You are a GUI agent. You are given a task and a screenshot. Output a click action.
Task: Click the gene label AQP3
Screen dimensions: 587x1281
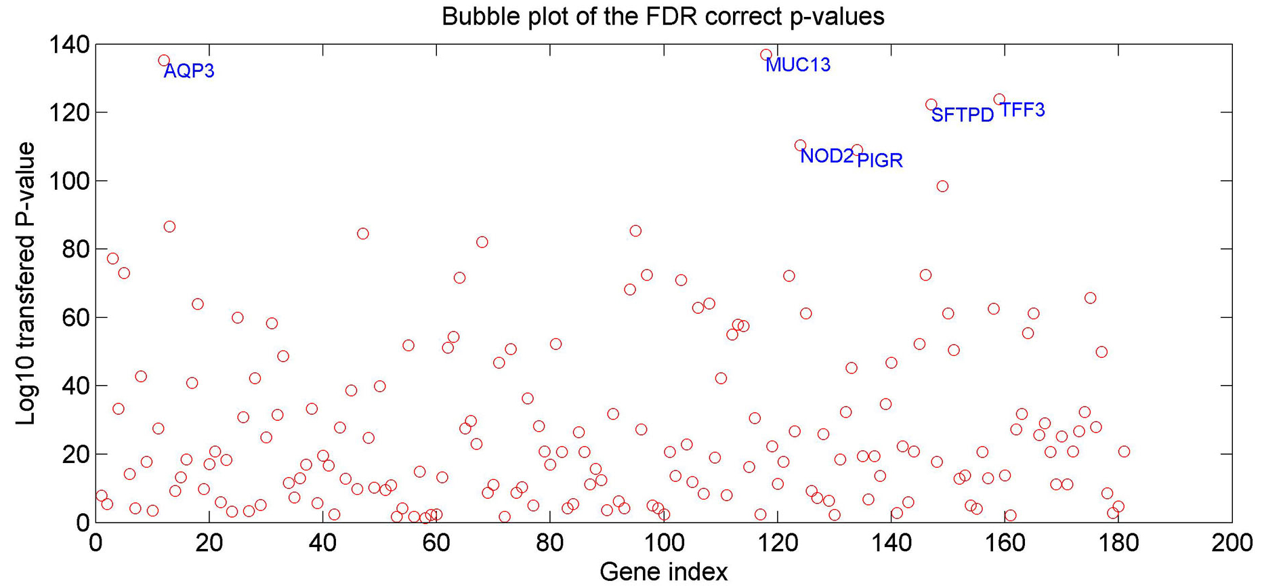(189, 71)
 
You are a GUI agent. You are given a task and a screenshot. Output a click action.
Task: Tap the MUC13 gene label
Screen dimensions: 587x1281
(798, 65)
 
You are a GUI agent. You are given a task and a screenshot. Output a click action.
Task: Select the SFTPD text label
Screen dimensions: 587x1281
(962, 115)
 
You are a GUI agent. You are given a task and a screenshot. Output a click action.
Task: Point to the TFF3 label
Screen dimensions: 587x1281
(1023, 110)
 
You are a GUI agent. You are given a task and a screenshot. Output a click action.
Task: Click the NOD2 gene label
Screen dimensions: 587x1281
(826, 157)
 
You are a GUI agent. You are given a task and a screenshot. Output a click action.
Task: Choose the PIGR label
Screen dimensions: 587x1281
(880, 161)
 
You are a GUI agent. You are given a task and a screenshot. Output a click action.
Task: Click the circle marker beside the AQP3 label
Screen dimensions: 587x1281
(164, 60)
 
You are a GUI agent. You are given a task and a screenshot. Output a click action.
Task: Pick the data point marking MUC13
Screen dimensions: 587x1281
(766, 55)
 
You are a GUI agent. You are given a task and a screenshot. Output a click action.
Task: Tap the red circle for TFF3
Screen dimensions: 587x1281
(999, 100)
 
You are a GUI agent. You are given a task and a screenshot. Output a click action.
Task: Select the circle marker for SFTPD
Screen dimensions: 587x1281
(931, 105)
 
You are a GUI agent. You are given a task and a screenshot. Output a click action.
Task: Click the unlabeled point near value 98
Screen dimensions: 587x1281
(942, 186)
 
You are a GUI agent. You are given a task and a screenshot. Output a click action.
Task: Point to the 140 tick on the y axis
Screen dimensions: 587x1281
(69, 45)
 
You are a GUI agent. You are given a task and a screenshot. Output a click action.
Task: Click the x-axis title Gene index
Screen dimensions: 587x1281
(663, 572)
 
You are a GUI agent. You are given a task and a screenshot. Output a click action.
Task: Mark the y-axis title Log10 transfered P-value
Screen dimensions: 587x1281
(26, 283)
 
